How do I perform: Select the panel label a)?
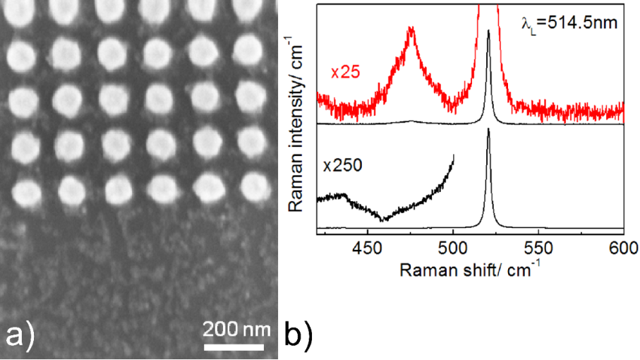click(x=20, y=336)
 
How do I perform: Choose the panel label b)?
click(x=298, y=336)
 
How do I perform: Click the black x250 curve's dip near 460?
click(x=383, y=220)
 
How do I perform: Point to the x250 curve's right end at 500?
click(x=453, y=156)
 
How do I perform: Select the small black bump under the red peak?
click(x=411, y=121)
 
